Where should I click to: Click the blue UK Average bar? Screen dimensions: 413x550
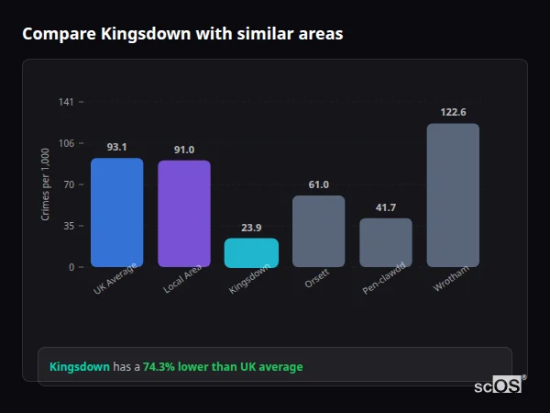[116, 212]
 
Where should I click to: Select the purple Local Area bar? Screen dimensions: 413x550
[184, 213]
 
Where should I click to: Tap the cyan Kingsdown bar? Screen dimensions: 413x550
[251, 252]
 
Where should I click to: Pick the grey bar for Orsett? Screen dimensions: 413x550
[318, 230]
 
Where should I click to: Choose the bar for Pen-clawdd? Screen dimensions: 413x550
[386, 242]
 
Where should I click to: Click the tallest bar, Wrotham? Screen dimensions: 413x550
[453, 195]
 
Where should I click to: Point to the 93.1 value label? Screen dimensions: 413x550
[116, 147]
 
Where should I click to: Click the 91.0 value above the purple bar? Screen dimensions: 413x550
[184, 150]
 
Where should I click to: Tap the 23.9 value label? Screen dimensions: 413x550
[251, 228]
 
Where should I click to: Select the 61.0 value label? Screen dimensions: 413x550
[318, 184]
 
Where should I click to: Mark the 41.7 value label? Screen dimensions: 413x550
[386, 207]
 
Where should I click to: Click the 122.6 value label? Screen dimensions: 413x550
[453, 112]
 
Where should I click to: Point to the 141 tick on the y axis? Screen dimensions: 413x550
[66, 102]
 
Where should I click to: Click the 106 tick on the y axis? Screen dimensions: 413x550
[66, 143]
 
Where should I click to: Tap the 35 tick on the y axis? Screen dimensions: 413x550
[68, 226]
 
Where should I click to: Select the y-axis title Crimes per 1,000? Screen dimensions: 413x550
[46, 184]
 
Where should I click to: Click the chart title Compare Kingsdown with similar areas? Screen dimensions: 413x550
[182, 34]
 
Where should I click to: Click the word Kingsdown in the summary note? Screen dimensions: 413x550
[79, 367]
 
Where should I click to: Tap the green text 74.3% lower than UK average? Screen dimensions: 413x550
[223, 367]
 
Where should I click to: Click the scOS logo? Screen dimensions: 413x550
[498, 386]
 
